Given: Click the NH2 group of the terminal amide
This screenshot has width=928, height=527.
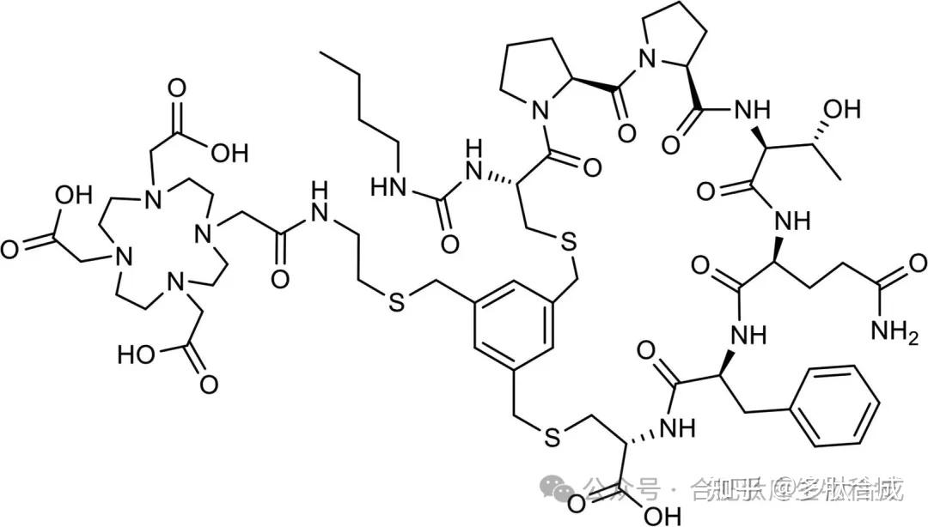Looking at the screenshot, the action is point(894,330).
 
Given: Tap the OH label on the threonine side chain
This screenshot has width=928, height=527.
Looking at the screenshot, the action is point(841,110).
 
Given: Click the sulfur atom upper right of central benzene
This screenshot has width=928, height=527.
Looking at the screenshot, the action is point(568,243).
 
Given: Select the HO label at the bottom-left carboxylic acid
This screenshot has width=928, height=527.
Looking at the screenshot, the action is point(137,354).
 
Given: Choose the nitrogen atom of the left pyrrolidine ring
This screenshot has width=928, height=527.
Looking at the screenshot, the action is point(540,109).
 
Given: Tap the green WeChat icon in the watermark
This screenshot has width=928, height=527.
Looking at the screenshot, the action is point(565,490).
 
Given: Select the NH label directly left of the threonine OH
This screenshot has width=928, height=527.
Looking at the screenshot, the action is point(750,110).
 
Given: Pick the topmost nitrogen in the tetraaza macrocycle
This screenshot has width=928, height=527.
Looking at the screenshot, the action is point(151,199).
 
